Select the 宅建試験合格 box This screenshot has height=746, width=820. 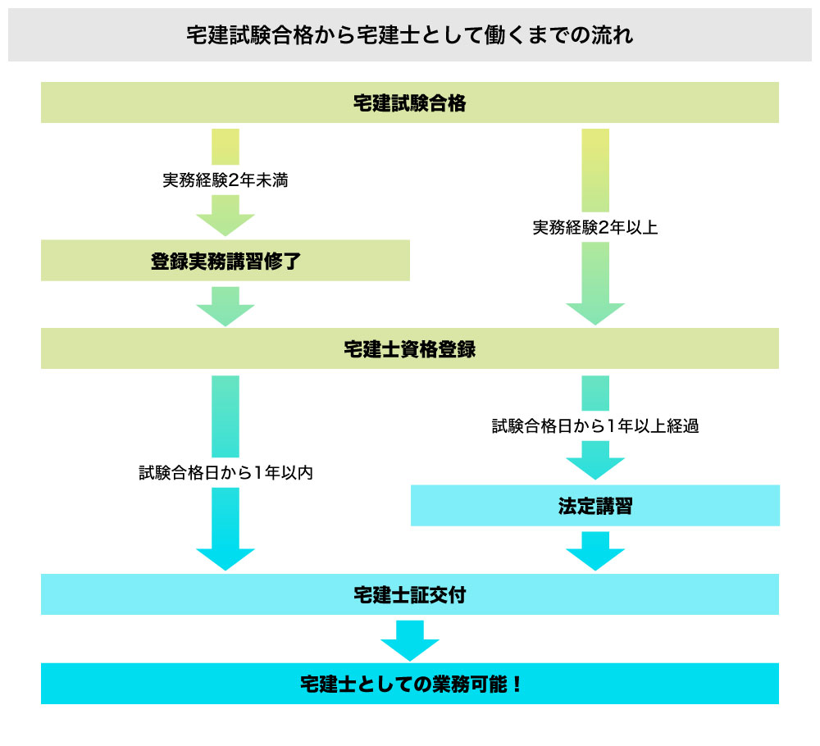tap(409, 103)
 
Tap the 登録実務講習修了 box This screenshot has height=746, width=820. tap(225, 262)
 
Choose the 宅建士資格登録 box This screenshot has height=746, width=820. tap(409, 348)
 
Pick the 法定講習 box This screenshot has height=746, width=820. tap(594, 506)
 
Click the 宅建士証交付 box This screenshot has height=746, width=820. tap(409, 594)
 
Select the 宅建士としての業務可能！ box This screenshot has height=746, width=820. tap(409, 684)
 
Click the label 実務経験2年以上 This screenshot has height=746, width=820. tap(595, 228)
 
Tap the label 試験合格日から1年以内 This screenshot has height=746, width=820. tap(225, 473)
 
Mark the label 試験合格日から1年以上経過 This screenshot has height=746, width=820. tap(595, 426)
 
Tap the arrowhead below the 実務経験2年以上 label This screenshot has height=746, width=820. tap(595, 312)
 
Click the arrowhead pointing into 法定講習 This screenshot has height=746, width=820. tap(595, 467)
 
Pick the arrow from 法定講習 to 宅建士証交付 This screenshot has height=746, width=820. tap(595, 552)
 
